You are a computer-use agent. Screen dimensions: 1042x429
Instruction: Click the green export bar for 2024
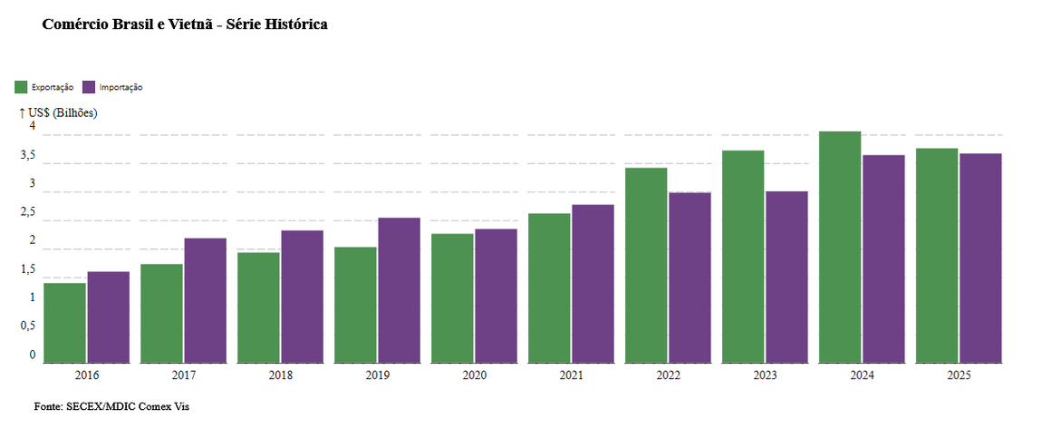pos(840,248)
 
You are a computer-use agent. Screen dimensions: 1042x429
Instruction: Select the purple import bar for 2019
pos(399,290)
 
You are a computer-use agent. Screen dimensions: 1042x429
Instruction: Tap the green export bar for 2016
pos(64,323)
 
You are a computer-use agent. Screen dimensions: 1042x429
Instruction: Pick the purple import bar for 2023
pos(786,278)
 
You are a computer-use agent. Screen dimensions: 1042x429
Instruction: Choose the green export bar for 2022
pos(646,266)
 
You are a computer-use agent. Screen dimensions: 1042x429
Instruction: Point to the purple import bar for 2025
pos(980,258)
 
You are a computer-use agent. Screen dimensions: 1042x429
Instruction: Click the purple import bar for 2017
pos(206,300)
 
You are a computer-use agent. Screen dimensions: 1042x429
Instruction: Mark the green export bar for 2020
pos(452,298)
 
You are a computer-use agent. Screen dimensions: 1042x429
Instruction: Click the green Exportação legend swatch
pos(21,87)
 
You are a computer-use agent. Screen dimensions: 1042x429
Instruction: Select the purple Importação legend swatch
pos(89,87)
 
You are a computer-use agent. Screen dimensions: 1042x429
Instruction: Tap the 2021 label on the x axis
pos(572,375)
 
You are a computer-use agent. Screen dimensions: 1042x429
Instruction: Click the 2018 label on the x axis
pos(281,375)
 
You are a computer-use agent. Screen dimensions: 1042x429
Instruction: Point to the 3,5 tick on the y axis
pos(28,156)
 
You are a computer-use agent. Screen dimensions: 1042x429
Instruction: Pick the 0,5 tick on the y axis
pos(28,327)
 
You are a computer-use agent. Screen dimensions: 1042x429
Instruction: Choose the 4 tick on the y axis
pos(32,126)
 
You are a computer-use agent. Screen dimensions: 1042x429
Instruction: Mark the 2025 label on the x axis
pos(959,375)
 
